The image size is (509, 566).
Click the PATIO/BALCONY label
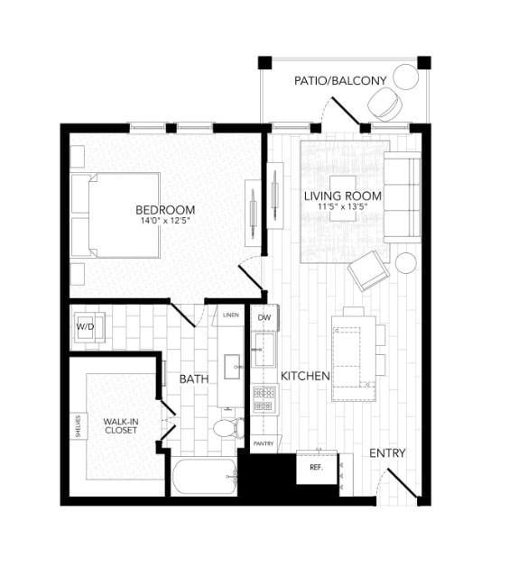[x=340, y=81]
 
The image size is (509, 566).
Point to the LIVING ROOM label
[x=342, y=196]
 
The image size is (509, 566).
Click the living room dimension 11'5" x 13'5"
[x=342, y=207]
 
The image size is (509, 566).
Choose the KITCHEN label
[x=305, y=376]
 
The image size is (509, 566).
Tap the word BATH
[x=194, y=379]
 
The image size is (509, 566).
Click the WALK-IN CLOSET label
[x=120, y=425]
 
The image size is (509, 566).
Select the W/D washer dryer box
[x=87, y=327]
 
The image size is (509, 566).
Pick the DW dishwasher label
[x=264, y=318]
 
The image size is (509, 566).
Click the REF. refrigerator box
[x=317, y=468]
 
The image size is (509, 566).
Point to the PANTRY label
[x=263, y=444]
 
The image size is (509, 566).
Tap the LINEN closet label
[x=230, y=315]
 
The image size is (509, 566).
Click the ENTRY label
[x=387, y=453]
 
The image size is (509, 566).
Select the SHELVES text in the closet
[x=79, y=425]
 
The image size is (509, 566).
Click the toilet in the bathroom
[x=227, y=428]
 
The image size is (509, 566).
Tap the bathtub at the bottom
[x=204, y=477]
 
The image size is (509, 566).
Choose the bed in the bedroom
[x=117, y=215]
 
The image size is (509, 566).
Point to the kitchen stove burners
[x=264, y=399]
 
